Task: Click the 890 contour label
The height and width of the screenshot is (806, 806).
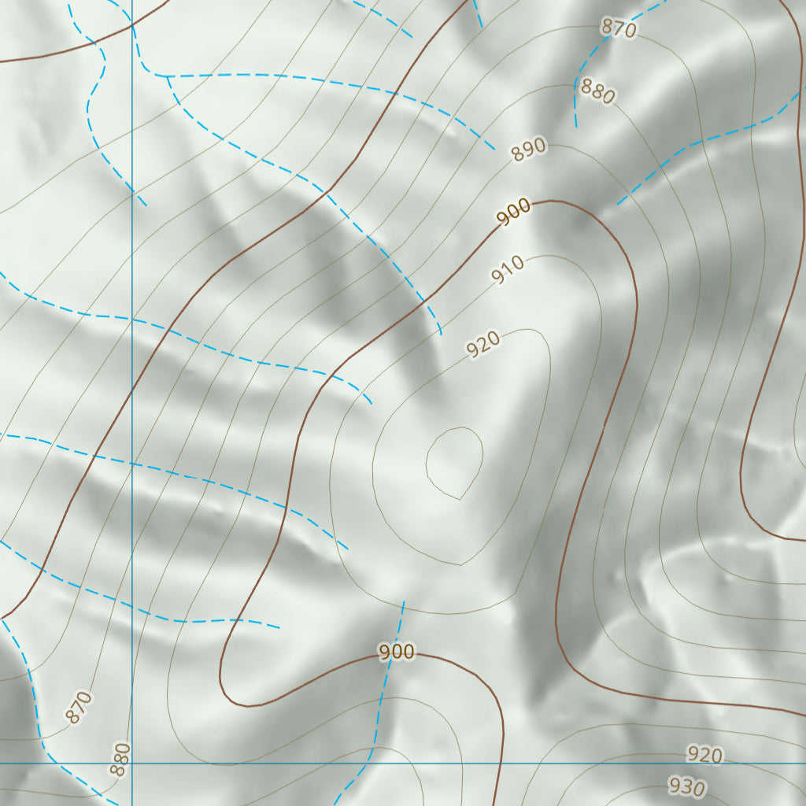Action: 529,150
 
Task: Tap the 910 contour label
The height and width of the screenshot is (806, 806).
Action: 508,272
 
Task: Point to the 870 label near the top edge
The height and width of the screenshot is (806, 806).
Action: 619,28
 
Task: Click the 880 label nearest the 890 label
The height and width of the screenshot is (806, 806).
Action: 597,92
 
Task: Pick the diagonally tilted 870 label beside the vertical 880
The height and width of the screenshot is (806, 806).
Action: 79,707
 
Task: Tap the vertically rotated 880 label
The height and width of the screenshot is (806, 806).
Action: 120,760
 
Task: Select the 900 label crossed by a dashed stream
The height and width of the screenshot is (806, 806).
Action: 396,652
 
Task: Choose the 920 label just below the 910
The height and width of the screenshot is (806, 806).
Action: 483,345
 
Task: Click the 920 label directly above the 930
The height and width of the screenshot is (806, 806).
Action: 704,755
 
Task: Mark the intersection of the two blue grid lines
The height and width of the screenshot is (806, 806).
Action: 132,763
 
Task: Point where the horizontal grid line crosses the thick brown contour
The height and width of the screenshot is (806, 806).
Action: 501,763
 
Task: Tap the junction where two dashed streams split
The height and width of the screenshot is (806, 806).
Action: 168,76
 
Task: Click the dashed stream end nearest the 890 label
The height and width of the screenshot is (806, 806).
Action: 494,149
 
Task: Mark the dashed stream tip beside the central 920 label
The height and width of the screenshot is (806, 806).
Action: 442,335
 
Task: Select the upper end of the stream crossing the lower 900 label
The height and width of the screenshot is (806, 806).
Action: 404,602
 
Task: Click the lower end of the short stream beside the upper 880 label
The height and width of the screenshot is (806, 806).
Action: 576,126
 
